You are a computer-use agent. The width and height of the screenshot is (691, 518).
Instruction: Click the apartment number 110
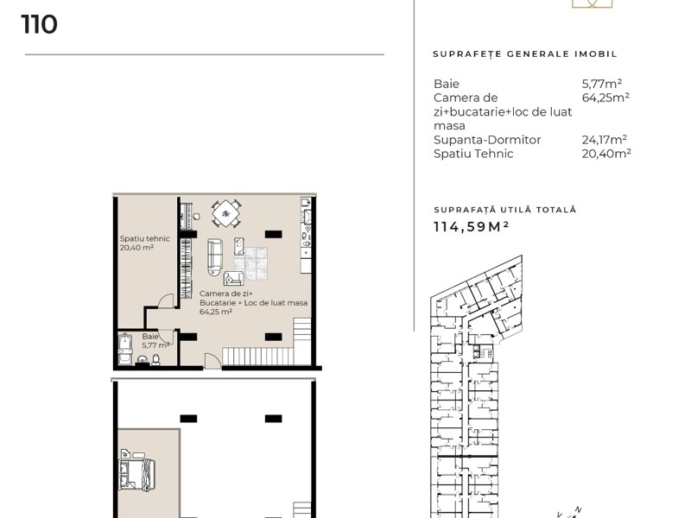click(x=39, y=24)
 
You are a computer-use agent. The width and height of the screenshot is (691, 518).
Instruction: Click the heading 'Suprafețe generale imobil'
click(x=525, y=54)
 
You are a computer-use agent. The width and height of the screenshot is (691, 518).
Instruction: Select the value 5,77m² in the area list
click(x=601, y=83)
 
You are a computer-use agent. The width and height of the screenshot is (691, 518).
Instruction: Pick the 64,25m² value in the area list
click(x=605, y=98)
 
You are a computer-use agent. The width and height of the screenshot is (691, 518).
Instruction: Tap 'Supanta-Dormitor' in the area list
click(x=487, y=140)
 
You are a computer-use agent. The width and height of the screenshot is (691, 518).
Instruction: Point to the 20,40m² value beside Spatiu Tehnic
click(x=606, y=154)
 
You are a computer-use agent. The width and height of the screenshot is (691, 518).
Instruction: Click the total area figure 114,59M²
click(x=471, y=226)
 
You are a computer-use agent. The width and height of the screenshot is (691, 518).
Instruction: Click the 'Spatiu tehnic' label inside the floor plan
click(x=144, y=239)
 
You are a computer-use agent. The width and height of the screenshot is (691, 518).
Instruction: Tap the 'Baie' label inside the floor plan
click(x=149, y=337)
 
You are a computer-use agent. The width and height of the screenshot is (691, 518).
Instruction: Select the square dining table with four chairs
click(x=225, y=213)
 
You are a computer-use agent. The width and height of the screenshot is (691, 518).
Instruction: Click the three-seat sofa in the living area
click(x=214, y=257)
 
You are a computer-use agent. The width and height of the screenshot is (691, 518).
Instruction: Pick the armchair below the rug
click(x=233, y=278)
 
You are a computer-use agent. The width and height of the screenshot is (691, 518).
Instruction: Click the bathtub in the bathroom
click(x=125, y=350)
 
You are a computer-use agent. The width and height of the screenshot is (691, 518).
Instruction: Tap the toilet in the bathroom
click(x=155, y=360)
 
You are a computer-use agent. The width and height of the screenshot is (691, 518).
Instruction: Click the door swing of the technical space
click(x=166, y=300)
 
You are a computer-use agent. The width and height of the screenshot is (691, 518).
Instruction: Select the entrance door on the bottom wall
click(x=212, y=360)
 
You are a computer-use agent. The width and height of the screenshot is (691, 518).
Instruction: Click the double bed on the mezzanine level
click(x=137, y=475)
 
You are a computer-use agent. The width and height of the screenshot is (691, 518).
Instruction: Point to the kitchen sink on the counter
click(x=307, y=217)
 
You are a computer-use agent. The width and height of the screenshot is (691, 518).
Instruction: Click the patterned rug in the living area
click(x=250, y=263)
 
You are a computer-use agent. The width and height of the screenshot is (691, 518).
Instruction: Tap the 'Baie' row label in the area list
click(x=447, y=84)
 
